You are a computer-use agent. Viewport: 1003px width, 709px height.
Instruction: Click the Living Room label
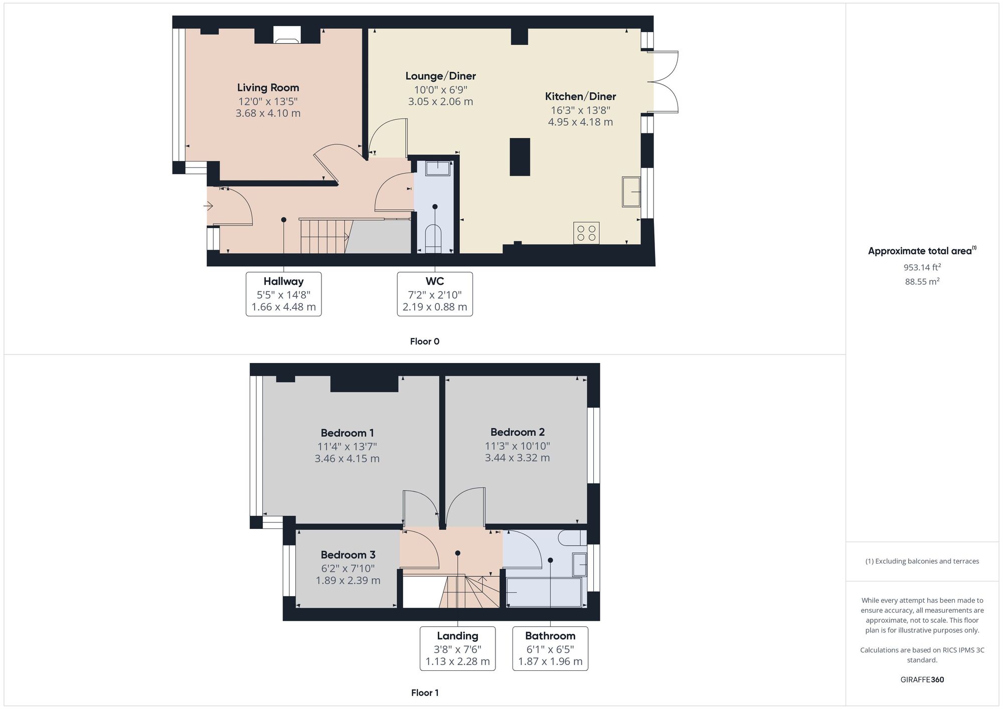pos(268,88)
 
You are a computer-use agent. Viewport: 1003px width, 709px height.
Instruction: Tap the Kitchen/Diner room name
pos(580,96)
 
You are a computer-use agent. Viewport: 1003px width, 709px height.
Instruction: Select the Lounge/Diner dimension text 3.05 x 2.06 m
pos(440,101)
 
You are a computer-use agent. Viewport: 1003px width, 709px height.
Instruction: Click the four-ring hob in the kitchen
pos(586,233)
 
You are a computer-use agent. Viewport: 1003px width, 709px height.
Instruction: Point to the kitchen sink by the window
pos(631,192)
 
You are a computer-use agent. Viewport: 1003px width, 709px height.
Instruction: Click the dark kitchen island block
pos(520,157)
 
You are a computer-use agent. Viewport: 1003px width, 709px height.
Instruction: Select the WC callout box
pos(435,294)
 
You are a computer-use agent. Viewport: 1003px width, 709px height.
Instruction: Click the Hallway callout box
pos(283,294)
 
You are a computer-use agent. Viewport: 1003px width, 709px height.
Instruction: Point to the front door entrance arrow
pos(209,206)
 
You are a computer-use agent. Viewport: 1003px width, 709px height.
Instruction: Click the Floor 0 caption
pos(424,341)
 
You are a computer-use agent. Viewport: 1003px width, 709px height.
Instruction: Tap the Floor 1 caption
pos(425,693)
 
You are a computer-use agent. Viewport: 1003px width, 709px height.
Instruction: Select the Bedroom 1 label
pos(347,433)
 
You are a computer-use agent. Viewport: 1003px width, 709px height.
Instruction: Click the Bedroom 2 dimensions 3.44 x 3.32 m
pos(517,458)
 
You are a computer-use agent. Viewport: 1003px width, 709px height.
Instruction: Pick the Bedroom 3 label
pos(348,555)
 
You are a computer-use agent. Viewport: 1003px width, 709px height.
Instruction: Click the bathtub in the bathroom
pos(544,592)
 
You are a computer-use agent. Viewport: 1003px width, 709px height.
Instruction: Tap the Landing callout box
pos(457,648)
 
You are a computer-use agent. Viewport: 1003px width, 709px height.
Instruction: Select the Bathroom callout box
pos(550,648)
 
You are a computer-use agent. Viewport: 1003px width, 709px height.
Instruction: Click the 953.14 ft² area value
pos(922,267)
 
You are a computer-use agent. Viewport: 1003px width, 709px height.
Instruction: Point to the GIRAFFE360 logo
pos(922,680)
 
